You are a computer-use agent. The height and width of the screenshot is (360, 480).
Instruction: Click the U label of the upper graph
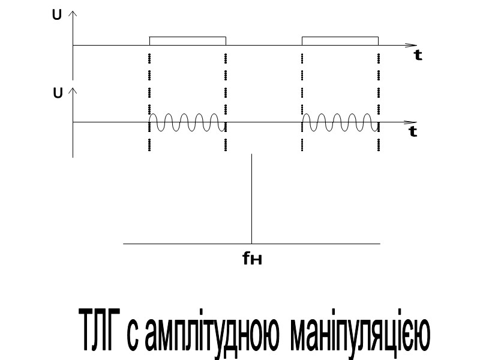(56, 15)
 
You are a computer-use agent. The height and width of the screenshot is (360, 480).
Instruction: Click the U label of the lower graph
(58, 94)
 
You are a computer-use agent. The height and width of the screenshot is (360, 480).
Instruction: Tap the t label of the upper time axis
(418, 56)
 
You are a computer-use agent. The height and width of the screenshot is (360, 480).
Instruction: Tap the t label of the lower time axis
(413, 132)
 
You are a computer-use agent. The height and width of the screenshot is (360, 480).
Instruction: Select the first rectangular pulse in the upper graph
(188, 41)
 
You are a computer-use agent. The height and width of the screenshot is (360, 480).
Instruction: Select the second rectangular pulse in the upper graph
(340, 41)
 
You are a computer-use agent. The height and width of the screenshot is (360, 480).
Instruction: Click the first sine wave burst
(187, 122)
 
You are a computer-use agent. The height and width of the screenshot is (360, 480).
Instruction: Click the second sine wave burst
(340, 122)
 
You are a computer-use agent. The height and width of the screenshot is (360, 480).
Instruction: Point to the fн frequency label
(253, 259)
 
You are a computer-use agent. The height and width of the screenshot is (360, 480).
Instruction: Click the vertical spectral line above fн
(251, 198)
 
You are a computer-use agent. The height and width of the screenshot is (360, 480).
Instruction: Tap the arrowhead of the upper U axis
(73, 13)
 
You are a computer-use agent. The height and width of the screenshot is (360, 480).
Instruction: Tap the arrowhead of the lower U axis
(73, 90)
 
